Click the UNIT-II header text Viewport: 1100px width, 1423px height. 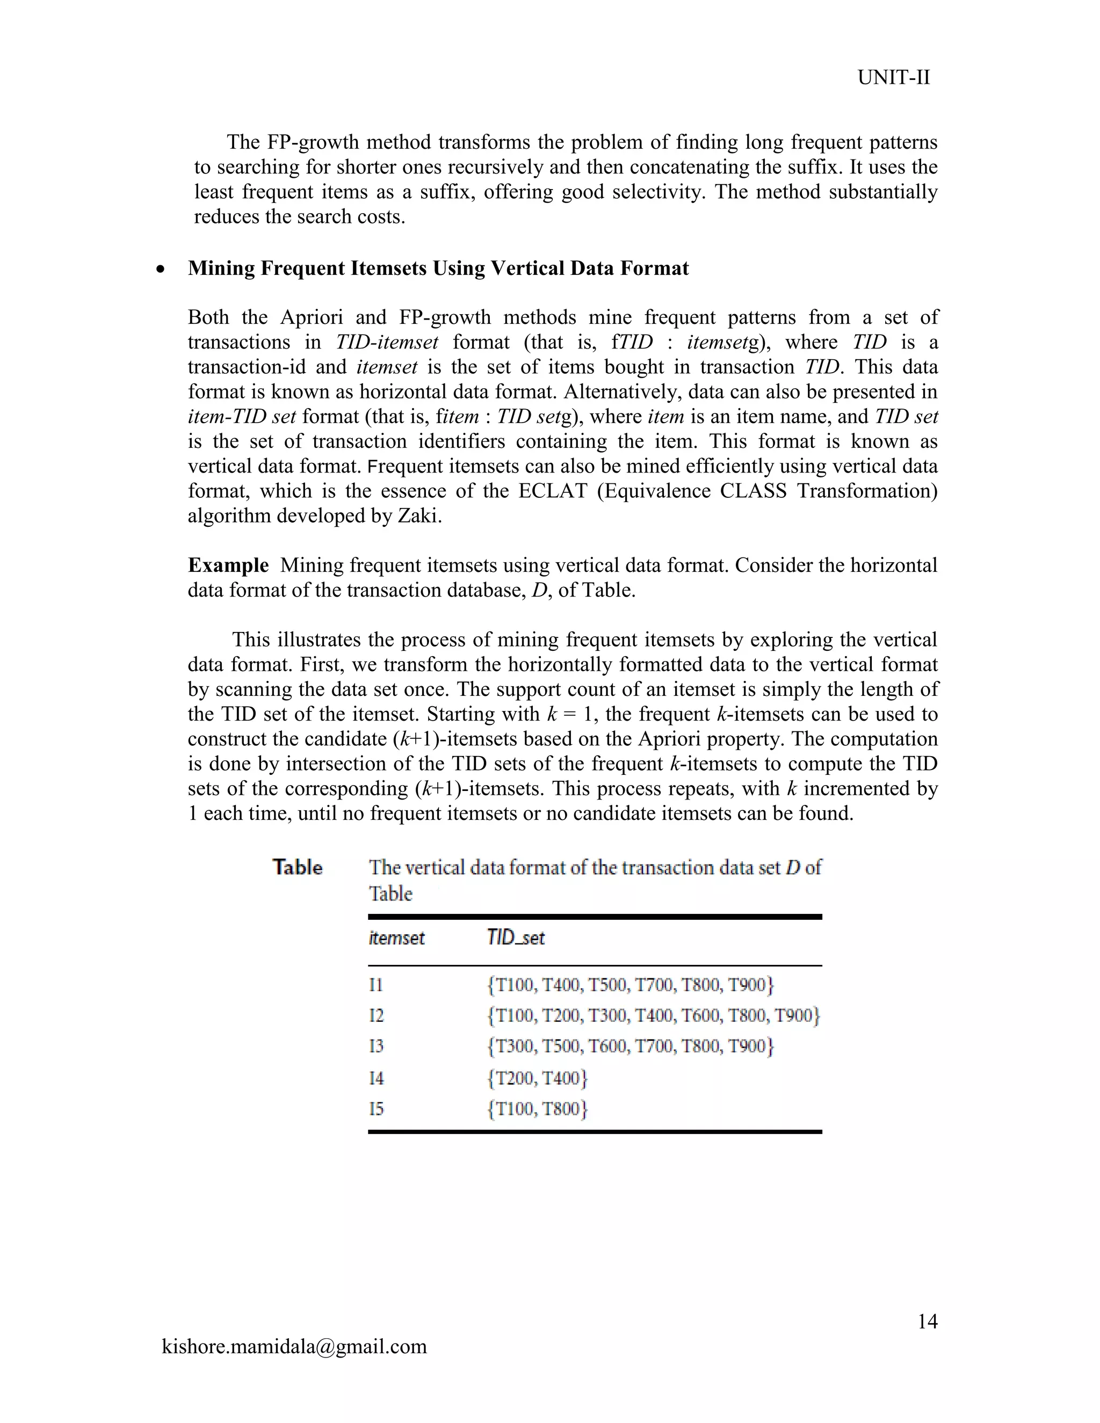point(893,77)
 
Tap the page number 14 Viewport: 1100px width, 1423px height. point(927,1322)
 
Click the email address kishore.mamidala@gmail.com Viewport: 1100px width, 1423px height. point(294,1346)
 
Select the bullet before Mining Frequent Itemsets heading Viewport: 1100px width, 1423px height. point(160,269)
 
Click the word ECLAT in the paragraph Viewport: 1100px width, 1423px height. point(553,491)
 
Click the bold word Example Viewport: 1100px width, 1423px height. point(228,565)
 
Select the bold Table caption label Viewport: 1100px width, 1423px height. point(297,867)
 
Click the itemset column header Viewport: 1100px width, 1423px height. point(396,938)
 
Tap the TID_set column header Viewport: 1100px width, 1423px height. point(516,938)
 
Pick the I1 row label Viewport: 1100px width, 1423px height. point(376,984)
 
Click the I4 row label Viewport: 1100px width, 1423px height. point(376,1078)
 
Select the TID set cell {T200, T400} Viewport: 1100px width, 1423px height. point(538,1078)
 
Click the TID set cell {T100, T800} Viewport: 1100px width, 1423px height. point(538,1109)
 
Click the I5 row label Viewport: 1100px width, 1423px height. point(376,1109)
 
